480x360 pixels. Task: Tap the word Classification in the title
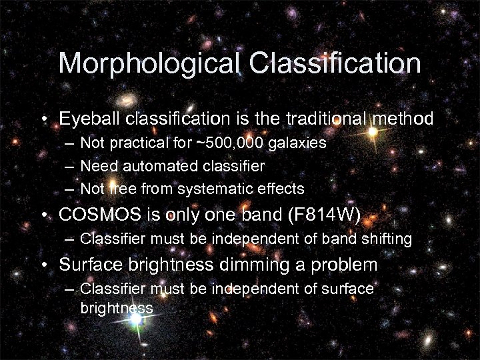335,63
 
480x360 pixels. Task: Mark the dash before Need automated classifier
70,166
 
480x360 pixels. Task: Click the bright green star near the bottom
136,319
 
